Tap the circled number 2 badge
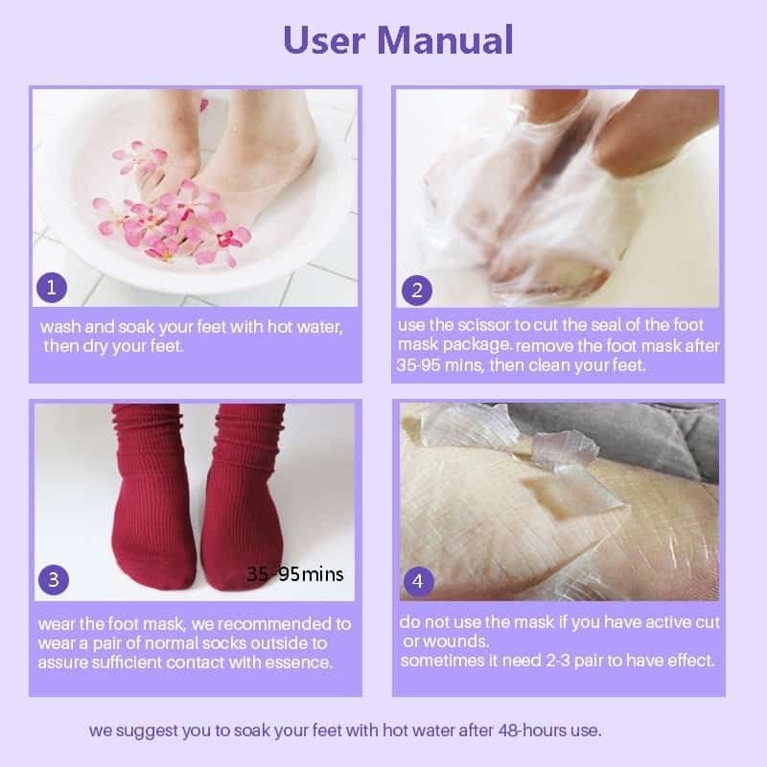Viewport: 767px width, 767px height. pyautogui.click(x=416, y=289)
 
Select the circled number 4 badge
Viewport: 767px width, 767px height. pyautogui.click(x=416, y=581)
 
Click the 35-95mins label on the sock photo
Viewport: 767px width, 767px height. pyautogui.click(x=294, y=574)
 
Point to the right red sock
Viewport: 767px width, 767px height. pyautogui.click(x=240, y=499)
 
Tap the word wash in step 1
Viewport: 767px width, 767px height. pyautogui.click(x=58, y=327)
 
